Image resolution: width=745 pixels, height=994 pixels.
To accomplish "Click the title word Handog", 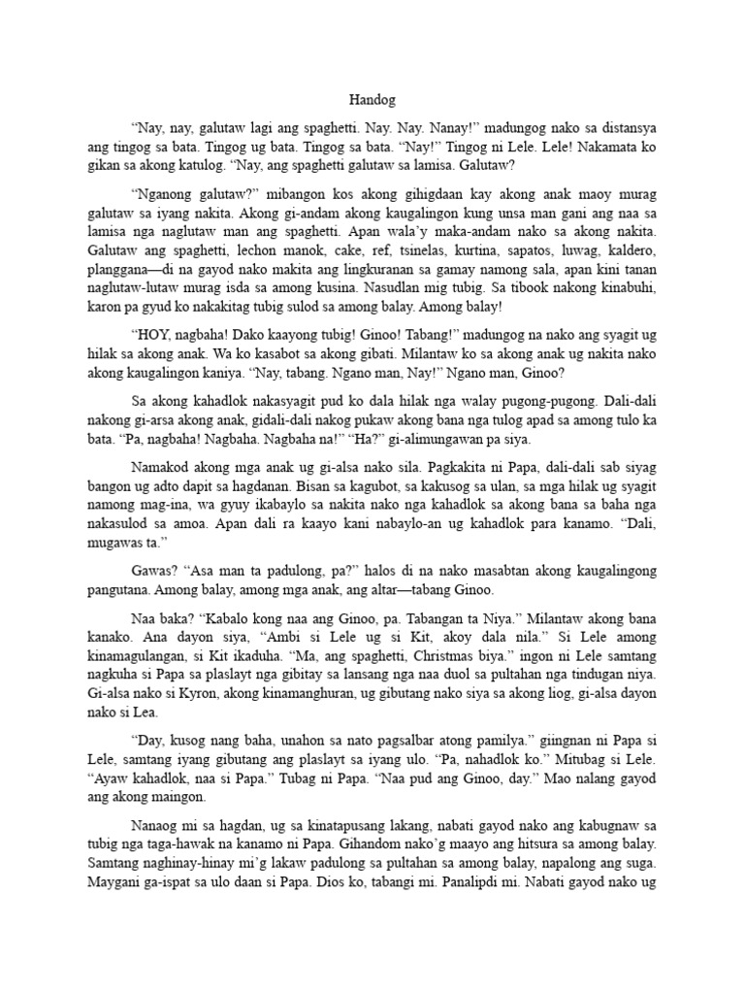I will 372,99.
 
